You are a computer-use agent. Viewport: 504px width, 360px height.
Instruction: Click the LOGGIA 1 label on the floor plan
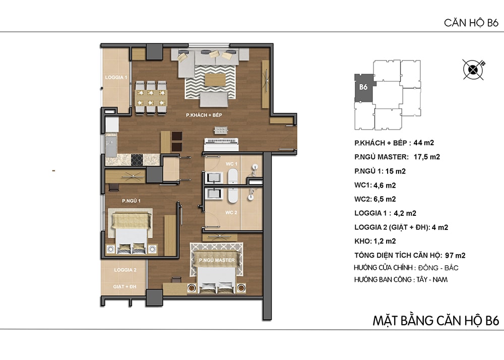pyautogui.click(x=116, y=78)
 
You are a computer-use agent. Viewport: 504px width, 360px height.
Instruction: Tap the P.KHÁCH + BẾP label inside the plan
pyautogui.click(x=204, y=115)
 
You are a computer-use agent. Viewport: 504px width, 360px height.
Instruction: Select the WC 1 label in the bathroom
pyautogui.click(x=231, y=164)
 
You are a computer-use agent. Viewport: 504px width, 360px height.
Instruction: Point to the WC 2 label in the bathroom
pyautogui.click(x=231, y=212)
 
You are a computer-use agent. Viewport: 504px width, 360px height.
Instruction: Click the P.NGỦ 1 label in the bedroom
pyautogui.click(x=131, y=201)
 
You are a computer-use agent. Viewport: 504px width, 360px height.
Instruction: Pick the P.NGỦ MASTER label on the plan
pyautogui.click(x=217, y=260)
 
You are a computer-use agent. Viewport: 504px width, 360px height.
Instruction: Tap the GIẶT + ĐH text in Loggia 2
pyautogui.click(x=124, y=287)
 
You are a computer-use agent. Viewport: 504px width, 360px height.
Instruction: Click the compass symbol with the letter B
pyautogui.click(x=473, y=70)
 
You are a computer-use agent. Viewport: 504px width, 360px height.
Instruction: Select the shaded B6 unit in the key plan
pyautogui.click(x=363, y=88)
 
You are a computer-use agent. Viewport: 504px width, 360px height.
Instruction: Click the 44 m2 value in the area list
pyautogui.click(x=424, y=143)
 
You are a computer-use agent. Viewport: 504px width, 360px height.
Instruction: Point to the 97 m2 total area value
pyautogui.click(x=455, y=256)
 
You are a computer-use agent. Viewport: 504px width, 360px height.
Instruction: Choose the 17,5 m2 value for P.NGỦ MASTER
pyautogui.click(x=426, y=157)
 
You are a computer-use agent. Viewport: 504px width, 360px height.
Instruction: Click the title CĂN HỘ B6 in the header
pyautogui.click(x=471, y=23)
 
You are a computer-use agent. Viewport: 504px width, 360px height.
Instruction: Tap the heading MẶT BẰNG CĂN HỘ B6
pyautogui.click(x=435, y=321)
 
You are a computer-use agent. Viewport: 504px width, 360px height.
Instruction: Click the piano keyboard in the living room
pyautogui.click(x=222, y=144)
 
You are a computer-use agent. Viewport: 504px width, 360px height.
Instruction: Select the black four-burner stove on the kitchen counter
pyautogui.click(x=137, y=160)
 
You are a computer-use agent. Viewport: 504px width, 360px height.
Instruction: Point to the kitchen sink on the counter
pyautogui.click(x=111, y=147)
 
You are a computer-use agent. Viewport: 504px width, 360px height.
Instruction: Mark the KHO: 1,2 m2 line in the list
pyautogui.click(x=375, y=242)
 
